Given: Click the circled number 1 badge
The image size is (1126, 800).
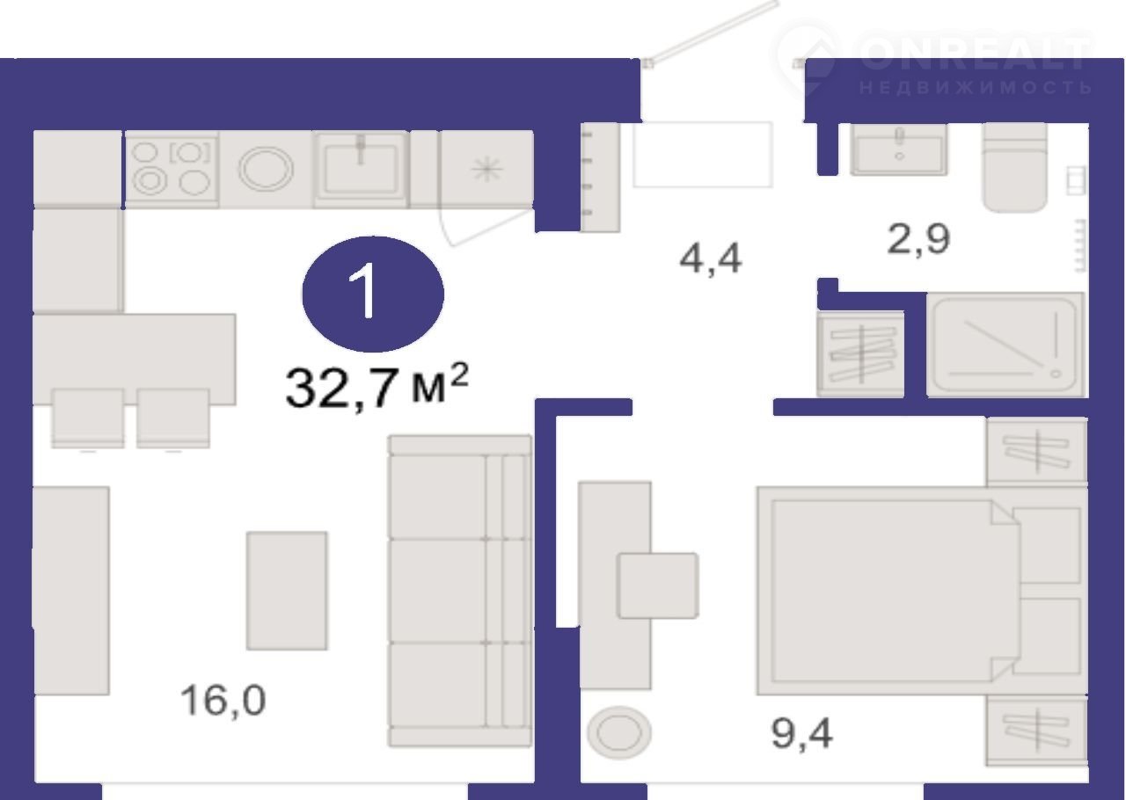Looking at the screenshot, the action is tap(372, 294).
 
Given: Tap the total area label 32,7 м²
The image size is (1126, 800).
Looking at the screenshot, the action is tap(377, 386).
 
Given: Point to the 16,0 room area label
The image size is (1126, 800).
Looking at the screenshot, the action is tap(223, 700).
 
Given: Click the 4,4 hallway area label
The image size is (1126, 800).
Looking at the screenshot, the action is tap(710, 258).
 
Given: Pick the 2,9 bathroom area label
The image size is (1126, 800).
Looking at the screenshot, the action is tap(918, 239).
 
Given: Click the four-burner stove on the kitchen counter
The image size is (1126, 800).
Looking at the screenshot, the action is tap(172, 170).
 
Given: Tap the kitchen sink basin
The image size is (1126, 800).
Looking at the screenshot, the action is tap(361, 170).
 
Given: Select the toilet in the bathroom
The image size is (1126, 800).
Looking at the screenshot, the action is tap(1015, 167).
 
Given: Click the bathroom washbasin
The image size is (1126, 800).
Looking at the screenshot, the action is tap(899, 149).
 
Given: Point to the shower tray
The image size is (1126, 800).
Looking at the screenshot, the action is tap(1005, 345).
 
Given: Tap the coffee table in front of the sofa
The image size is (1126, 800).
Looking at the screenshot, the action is tap(287, 591).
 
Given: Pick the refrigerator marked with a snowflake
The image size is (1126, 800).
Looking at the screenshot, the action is tap(486, 170).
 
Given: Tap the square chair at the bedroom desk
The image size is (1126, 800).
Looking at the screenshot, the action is tap(657, 585).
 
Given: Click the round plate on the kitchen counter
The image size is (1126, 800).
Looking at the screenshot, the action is tap(266, 168).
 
